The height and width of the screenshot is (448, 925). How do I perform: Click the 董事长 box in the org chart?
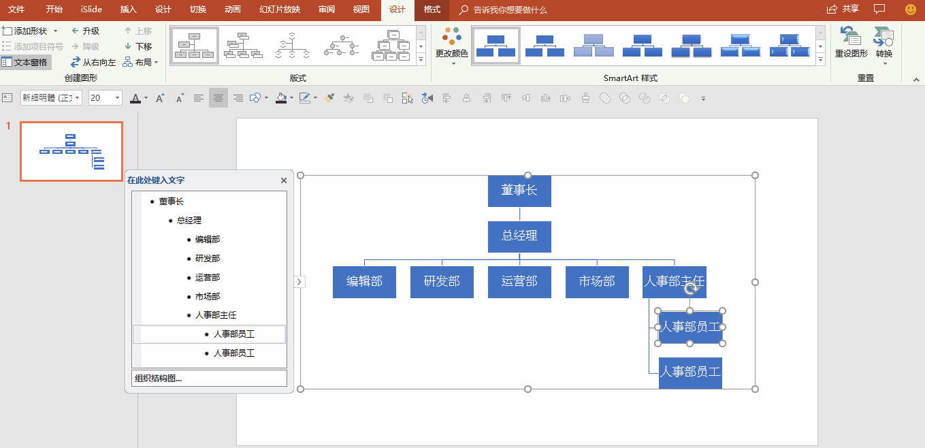[x=519, y=191]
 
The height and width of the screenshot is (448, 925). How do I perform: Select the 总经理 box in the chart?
[x=519, y=236]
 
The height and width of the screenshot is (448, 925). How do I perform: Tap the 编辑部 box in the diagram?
[x=364, y=282]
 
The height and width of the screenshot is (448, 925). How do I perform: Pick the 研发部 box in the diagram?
[x=442, y=282]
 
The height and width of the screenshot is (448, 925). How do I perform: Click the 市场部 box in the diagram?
[x=597, y=282]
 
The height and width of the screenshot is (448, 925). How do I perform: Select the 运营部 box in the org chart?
[x=519, y=282]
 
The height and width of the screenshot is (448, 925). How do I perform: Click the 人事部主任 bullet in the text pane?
[x=216, y=315]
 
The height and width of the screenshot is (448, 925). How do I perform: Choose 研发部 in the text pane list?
[x=208, y=259]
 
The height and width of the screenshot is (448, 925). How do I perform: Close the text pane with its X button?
[x=284, y=180]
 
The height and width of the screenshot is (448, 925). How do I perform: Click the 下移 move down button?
[x=138, y=46]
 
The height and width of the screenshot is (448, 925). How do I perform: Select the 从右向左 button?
[x=93, y=63]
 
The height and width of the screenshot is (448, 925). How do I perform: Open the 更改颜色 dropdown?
[x=451, y=46]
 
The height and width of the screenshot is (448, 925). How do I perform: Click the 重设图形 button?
[x=851, y=42]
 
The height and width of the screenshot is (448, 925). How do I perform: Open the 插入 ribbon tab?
[x=128, y=10]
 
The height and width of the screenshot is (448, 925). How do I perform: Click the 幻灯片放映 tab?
[x=280, y=10]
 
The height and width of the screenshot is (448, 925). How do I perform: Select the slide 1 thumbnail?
[x=71, y=152]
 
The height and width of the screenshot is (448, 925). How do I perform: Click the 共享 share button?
[x=843, y=9]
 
